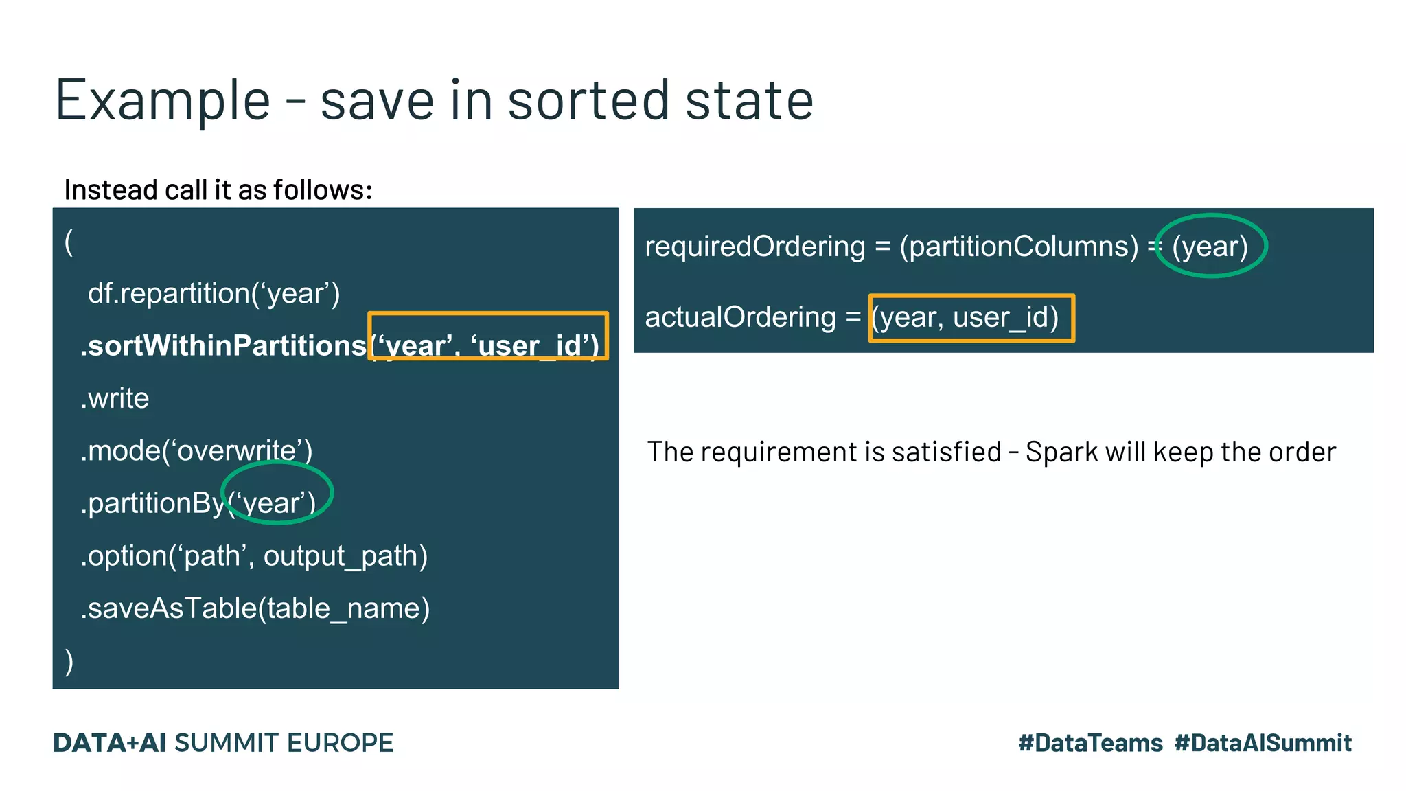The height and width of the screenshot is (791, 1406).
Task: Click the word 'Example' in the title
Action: coord(163,101)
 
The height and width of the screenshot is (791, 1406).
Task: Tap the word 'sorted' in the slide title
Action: coord(588,101)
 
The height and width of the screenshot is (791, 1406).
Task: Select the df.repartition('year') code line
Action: coord(214,293)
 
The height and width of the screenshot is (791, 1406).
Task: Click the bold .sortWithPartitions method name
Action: coord(224,345)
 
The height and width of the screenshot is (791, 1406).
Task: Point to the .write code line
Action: coord(115,398)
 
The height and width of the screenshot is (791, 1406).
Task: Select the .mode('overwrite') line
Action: coord(196,451)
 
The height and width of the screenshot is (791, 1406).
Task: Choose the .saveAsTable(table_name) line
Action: coord(255,608)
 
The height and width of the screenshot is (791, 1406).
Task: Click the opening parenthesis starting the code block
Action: coord(69,242)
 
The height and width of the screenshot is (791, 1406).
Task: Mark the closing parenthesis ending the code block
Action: coord(69,661)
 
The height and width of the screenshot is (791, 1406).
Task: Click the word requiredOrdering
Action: coord(755,247)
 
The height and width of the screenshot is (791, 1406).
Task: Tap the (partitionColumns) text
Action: coord(1019,247)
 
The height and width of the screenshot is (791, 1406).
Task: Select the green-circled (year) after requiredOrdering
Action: coord(1210,247)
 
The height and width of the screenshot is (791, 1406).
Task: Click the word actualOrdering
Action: coord(740,317)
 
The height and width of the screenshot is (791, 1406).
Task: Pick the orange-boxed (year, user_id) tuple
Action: coord(971,318)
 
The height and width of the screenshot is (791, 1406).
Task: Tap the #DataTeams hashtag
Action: coord(1090,743)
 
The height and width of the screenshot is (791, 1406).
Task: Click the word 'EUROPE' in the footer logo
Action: coord(340,743)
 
